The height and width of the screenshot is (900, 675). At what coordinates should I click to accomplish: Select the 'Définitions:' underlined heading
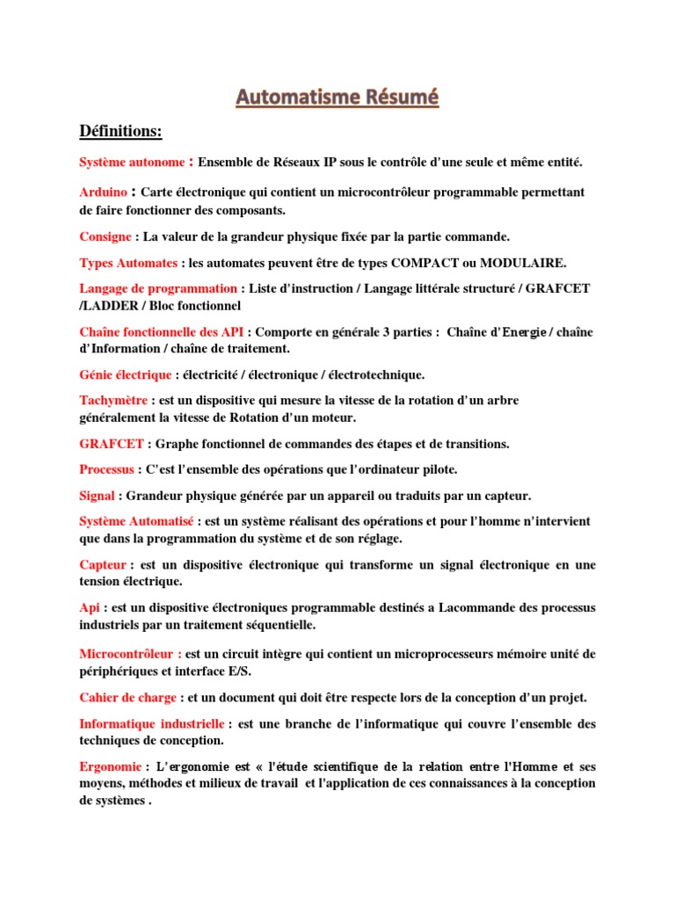120,132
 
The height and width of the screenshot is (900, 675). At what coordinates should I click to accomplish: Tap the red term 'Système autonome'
132,163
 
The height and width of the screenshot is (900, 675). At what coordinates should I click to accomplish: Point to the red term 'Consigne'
105,237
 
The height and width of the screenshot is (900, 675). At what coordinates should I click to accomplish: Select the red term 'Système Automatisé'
136,521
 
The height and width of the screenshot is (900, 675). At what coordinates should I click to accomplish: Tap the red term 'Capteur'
103,565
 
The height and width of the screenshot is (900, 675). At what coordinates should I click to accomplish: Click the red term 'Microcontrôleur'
129,654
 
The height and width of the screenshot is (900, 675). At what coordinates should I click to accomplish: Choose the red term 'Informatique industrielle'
152,724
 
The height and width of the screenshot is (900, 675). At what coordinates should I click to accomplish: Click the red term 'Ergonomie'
110,766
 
